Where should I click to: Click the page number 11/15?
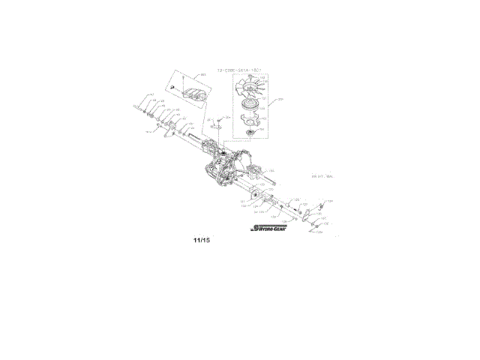coord(201,241)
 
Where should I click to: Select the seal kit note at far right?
coord(322,177)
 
